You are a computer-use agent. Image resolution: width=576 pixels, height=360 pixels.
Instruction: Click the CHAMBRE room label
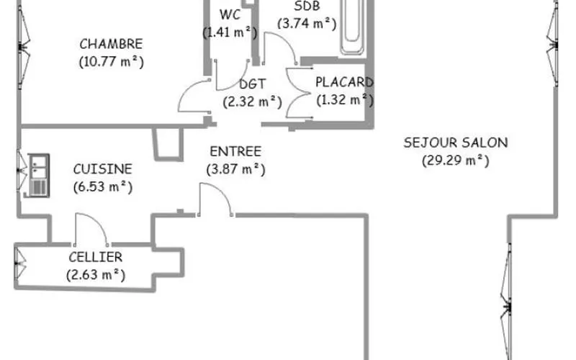111,44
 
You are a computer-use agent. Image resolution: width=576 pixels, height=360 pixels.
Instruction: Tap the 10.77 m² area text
112,61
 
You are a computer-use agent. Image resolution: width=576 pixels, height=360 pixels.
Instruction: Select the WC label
230,14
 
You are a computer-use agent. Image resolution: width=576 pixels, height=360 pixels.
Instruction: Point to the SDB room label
307,6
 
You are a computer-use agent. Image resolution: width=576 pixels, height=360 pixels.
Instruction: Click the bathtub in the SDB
352,27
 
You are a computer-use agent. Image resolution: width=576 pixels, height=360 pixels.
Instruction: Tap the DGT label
253,84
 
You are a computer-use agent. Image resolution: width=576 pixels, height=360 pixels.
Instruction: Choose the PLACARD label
344,82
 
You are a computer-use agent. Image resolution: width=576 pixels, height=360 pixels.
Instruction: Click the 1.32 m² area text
345,99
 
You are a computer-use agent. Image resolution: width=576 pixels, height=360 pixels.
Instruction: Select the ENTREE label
235,151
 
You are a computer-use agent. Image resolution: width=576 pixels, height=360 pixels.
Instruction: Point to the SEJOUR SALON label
456,143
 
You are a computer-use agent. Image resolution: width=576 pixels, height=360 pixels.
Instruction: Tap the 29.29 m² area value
456,161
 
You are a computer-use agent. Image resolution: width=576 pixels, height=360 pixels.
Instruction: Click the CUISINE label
102,169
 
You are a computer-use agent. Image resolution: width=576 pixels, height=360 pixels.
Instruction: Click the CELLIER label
96,257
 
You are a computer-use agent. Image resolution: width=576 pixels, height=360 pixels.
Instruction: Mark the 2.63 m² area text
96,275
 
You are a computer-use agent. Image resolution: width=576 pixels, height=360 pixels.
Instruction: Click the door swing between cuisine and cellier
97,222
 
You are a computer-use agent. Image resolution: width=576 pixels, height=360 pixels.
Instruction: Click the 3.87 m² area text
236,169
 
